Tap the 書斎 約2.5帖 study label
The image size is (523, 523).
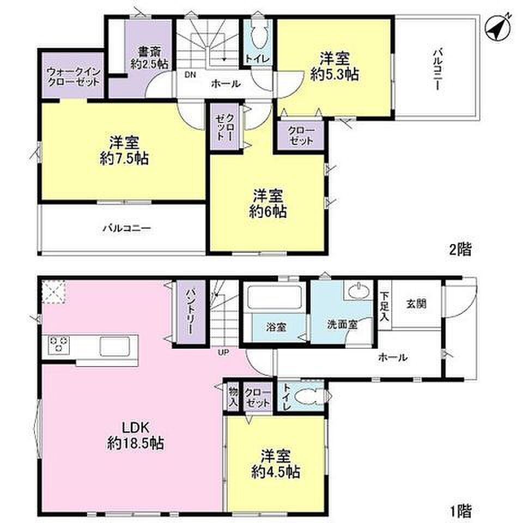(x=149, y=58)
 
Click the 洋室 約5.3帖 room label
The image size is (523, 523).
(x=335, y=66)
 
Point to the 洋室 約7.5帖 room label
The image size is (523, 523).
(x=124, y=150)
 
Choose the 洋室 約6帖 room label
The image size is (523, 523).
(x=267, y=204)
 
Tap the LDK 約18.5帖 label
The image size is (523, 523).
(x=135, y=435)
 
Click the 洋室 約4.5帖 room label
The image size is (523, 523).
(x=276, y=464)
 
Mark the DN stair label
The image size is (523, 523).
(x=191, y=75)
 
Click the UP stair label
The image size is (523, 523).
(x=223, y=352)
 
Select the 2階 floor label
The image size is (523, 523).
(x=461, y=249)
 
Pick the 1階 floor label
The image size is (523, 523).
(x=461, y=510)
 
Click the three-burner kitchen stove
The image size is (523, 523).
(x=59, y=344)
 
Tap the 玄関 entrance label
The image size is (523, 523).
(x=416, y=303)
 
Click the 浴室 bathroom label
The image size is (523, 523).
(x=276, y=327)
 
